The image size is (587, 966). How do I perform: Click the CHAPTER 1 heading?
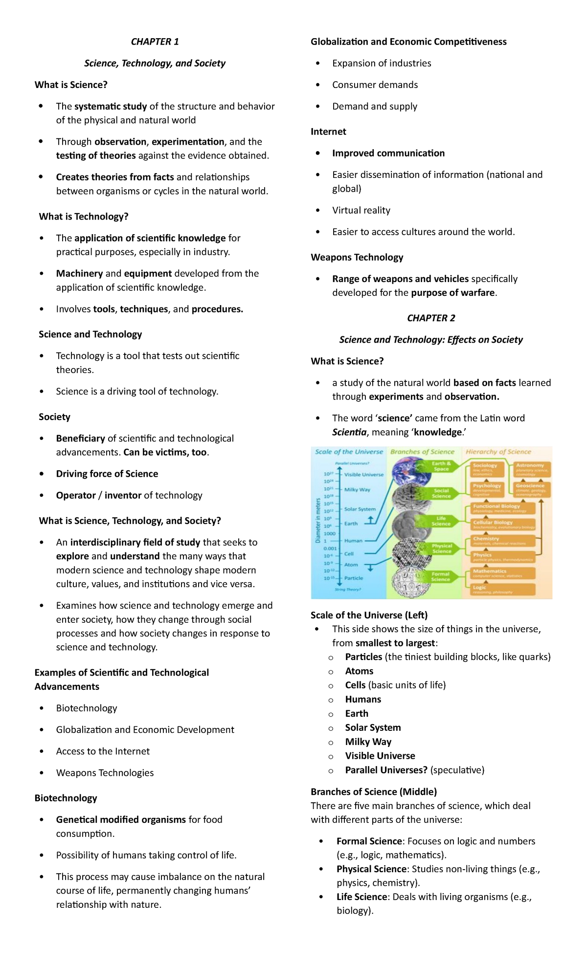155,42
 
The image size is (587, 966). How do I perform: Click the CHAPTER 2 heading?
431,318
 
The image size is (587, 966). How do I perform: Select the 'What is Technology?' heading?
84,217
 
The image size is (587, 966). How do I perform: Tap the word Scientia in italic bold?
349,432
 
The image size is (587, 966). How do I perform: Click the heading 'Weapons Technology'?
357,257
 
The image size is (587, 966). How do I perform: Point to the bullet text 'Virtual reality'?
361,210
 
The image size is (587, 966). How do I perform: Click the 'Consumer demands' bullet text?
375,85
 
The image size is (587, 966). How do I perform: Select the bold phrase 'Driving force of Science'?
107,474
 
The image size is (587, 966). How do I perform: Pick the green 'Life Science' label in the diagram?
441,521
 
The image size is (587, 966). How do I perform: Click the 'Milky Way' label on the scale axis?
357,489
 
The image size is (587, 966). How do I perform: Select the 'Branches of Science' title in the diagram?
422,452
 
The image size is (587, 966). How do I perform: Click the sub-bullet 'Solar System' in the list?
373,727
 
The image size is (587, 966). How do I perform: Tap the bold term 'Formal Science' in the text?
369,841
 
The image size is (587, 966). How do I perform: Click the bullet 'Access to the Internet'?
103,751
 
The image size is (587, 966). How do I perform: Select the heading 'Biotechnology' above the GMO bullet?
66,798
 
